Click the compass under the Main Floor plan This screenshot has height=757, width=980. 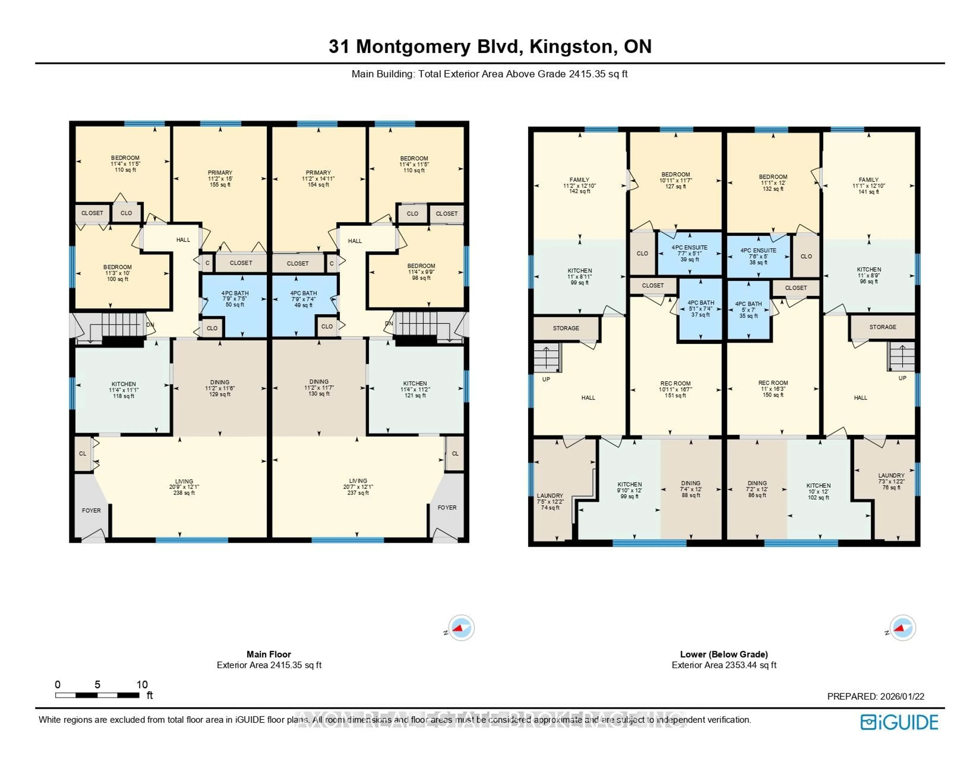coord(461,627)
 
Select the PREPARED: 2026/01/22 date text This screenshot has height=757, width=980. coord(875,696)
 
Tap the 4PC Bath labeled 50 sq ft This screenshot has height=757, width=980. coord(235,299)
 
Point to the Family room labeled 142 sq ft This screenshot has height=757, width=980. coord(579,185)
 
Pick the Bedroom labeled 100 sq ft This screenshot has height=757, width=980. coord(118,273)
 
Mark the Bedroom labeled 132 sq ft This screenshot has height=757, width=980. coord(773,183)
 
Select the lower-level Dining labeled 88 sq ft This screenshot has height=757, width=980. coord(691,489)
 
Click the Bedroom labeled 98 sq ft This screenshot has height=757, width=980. coord(421,271)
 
